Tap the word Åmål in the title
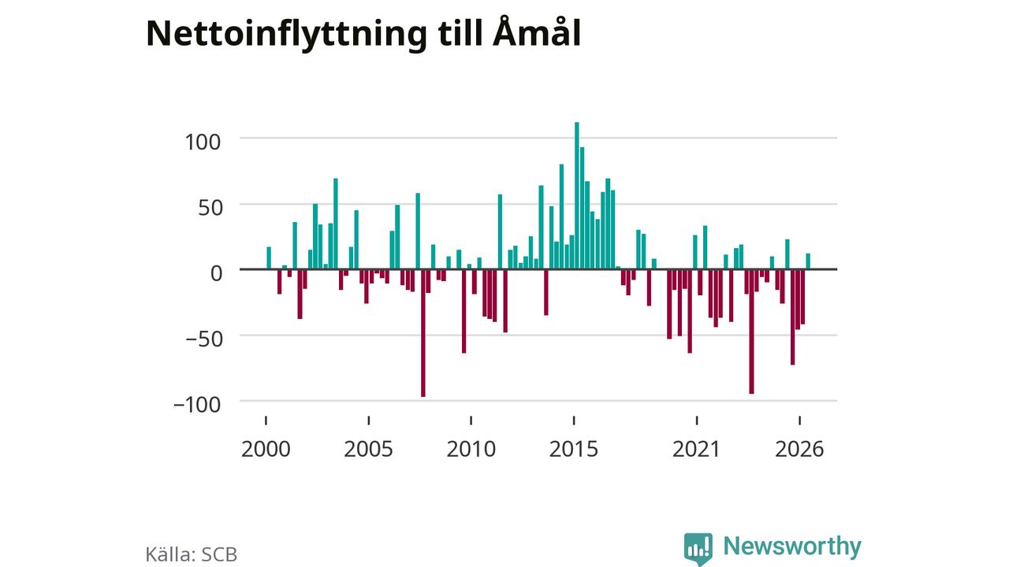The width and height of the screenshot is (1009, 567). pyautogui.click(x=537, y=31)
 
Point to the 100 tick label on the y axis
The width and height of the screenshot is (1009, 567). pyautogui.click(x=203, y=143)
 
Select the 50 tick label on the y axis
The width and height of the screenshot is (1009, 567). pyautogui.click(x=210, y=208)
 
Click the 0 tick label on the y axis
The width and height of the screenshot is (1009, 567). pyautogui.click(x=216, y=273)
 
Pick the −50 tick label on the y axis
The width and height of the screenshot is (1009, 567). pyautogui.click(x=204, y=339)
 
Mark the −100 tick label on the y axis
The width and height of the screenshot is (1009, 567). pyautogui.click(x=197, y=405)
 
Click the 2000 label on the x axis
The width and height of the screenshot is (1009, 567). pyautogui.click(x=266, y=449)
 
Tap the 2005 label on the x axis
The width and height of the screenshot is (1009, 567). pyautogui.click(x=368, y=449)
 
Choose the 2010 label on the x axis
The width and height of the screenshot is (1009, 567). pyautogui.click(x=471, y=449)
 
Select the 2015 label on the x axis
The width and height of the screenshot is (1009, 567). pyautogui.click(x=574, y=449)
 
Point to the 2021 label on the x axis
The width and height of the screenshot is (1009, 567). pyautogui.click(x=696, y=449)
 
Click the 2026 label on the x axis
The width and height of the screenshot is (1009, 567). pyautogui.click(x=799, y=449)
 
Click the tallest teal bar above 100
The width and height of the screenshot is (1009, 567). pyautogui.click(x=576, y=196)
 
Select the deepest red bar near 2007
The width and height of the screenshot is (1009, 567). pyautogui.click(x=423, y=333)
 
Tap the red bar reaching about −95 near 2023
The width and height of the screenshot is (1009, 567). pyautogui.click(x=751, y=332)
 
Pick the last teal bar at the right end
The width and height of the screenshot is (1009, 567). pyautogui.click(x=808, y=261)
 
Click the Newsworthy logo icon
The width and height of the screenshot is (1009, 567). pyautogui.click(x=698, y=549)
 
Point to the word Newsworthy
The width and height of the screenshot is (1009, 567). pyautogui.click(x=792, y=546)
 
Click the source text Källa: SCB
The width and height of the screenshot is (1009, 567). pyautogui.click(x=192, y=554)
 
